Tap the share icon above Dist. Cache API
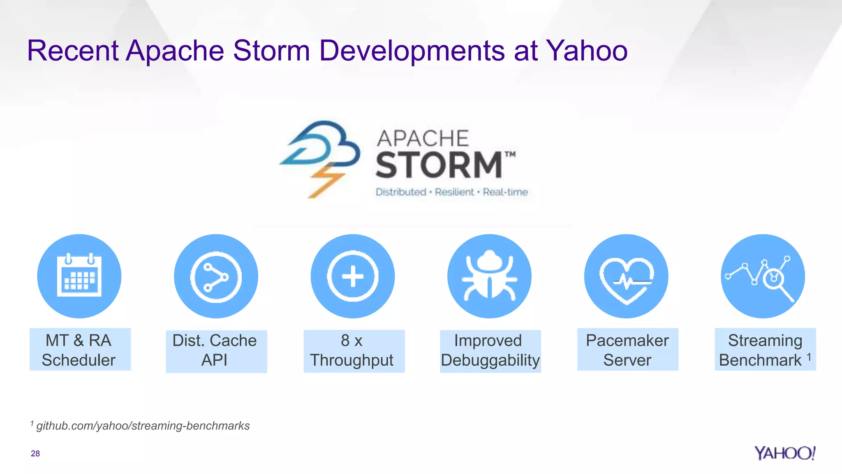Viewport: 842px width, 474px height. pos(216,276)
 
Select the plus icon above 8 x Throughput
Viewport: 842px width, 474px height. pos(353,276)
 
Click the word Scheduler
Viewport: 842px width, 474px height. pos(79,360)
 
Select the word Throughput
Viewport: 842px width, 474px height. pos(352,360)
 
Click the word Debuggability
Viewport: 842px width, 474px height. pos(490,360)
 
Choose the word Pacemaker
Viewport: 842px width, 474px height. pos(627,340)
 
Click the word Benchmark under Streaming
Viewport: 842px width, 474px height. pos(760,360)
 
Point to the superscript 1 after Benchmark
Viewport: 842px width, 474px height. pos(809,357)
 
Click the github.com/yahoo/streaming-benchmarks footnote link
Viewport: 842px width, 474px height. pos(143,425)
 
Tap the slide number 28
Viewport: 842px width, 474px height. pos(35,453)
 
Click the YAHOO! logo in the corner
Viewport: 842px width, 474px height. pos(784,453)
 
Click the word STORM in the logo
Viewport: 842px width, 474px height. pos(439,165)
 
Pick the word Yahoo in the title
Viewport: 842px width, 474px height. pos(587,51)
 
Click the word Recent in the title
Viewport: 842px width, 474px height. pos(73,51)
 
